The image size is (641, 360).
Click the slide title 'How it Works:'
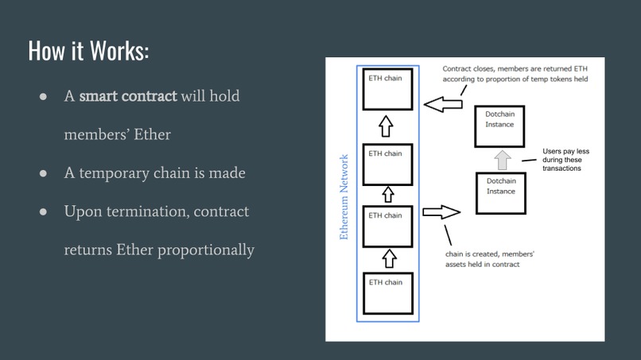(88, 50)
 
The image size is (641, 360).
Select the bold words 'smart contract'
(127, 96)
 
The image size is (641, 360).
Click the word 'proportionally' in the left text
(206, 250)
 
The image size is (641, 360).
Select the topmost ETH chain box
(387, 90)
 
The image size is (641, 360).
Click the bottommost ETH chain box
(387, 292)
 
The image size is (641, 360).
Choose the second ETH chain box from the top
(387, 165)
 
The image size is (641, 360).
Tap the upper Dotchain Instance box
(500, 126)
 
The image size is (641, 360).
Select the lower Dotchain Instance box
(500, 192)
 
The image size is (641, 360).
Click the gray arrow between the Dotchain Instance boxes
(502, 160)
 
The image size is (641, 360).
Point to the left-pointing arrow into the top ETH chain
(443, 104)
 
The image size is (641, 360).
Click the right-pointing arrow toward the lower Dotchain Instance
(441, 212)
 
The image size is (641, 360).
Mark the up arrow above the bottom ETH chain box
(389, 258)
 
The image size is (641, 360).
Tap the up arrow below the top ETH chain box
(387, 126)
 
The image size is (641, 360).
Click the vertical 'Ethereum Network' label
(344, 196)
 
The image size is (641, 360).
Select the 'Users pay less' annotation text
(565, 159)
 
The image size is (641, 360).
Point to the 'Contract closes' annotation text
(515, 74)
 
